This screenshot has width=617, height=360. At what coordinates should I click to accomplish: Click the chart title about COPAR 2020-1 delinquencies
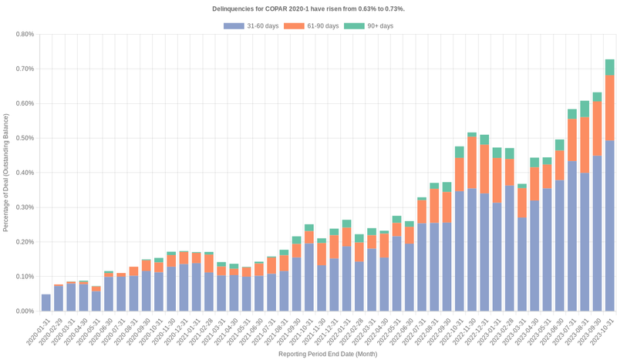[x=308, y=8]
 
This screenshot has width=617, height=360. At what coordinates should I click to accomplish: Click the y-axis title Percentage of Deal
[x=6, y=173]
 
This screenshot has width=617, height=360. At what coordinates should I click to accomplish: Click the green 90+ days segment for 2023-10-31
[x=609, y=67]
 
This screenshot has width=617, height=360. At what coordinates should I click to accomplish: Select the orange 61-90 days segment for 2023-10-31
[x=609, y=107]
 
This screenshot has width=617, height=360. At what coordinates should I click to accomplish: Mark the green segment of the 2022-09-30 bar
[x=447, y=187]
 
